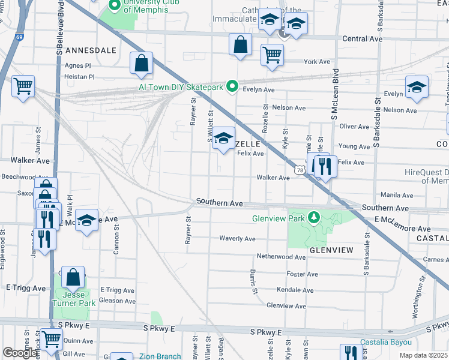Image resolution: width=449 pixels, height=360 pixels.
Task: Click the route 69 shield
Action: tap(19, 37)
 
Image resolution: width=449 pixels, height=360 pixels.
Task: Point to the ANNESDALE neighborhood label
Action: tap(90, 50)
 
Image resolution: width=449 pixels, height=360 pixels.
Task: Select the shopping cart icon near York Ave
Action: tap(272, 55)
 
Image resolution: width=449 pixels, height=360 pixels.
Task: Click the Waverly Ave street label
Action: tap(238, 239)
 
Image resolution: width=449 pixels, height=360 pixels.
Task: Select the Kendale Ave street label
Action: tap(295, 290)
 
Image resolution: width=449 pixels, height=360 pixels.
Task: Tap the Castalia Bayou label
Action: tap(386, 343)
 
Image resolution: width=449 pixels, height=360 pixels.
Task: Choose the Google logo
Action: tap(20, 353)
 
